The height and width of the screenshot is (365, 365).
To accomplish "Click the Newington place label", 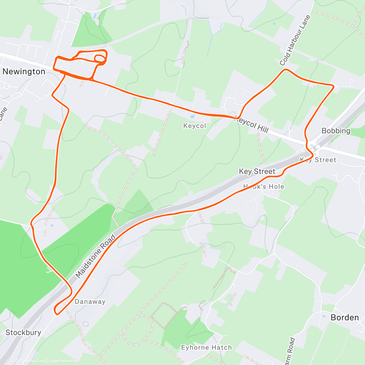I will pos(24,72).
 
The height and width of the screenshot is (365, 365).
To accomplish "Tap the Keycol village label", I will pos(195,126).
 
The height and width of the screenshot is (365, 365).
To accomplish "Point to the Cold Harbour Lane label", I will pos(295,40).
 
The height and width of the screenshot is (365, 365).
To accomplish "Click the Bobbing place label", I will pos(336,131).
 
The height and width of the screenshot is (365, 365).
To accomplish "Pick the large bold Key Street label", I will pos(257,172).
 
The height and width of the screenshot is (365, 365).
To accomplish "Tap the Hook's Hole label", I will pos(264,187).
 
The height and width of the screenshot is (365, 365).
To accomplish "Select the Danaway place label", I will pos(90,302).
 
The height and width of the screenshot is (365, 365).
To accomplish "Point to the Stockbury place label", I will pos(23,332).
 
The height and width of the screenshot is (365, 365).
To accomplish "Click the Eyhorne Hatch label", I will pos(206,347).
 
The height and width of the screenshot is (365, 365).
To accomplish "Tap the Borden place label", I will pos(345,318).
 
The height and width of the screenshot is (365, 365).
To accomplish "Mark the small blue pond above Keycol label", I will pos(192,116).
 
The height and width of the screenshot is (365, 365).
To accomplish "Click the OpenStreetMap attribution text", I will pos(64,361).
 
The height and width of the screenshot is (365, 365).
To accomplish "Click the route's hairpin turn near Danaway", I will pos(56,310).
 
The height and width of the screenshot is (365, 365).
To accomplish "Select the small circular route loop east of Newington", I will pos(100,58).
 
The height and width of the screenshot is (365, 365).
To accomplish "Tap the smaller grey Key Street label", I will pos(318,160).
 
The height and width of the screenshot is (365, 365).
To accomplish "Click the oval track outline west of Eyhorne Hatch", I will pos(138,330).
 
